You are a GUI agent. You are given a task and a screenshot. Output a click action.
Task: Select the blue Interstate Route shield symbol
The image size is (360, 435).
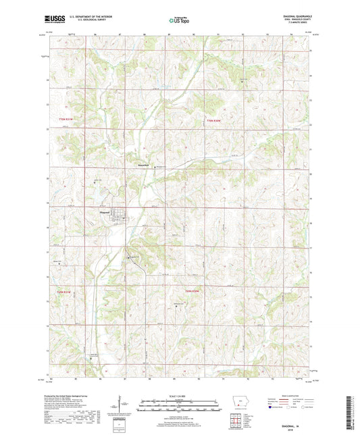coord(274,407)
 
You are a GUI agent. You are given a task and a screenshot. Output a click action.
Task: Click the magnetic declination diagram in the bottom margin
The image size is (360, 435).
coord(122,405)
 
